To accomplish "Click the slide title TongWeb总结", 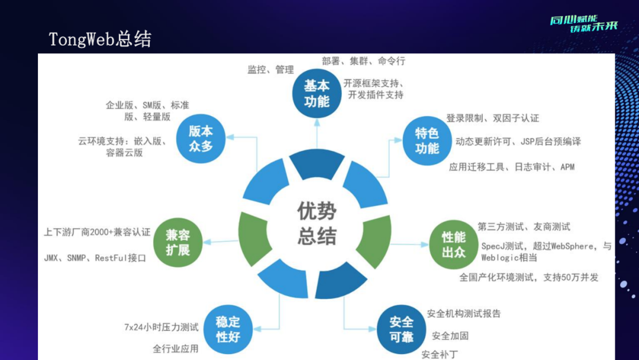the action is [x=100, y=39].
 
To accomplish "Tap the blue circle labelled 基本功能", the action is [x=317, y=94].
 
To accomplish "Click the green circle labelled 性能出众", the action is [x=453, y=245].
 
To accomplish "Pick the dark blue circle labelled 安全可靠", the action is [x=401, y=330].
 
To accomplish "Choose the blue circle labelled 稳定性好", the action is [x=227, y=330].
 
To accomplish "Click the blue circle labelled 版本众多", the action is [x=201, y=139].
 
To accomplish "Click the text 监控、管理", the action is [x=270, y=70].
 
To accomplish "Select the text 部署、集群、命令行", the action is [x=364, y=61].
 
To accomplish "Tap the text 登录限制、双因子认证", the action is [x=493, y=118].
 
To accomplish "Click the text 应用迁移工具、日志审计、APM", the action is [x=512, y=167].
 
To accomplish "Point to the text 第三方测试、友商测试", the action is [x=524, y=226].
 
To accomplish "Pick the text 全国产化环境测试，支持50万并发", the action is [x=529, y=277].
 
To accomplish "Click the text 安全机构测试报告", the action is [x=464, y=314].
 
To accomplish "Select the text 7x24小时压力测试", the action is [x=161, y=327].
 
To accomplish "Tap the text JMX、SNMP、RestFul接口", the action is [x=95, y=258].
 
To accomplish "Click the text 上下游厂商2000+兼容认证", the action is [x=97, y=232].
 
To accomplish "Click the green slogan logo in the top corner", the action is [x=583, y=24].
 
